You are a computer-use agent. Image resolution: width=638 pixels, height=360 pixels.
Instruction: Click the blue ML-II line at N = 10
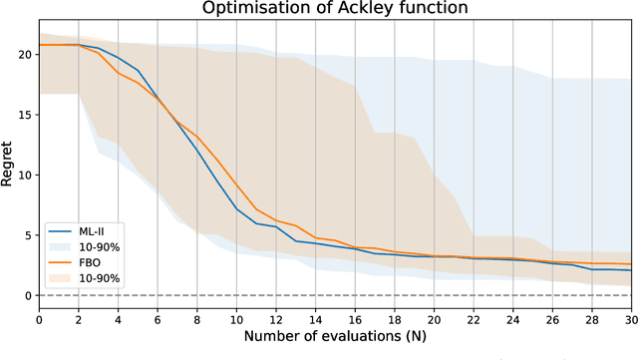[x=237, y=208]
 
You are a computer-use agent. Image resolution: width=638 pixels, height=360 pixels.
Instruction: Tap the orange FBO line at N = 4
[x=119, y=73]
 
